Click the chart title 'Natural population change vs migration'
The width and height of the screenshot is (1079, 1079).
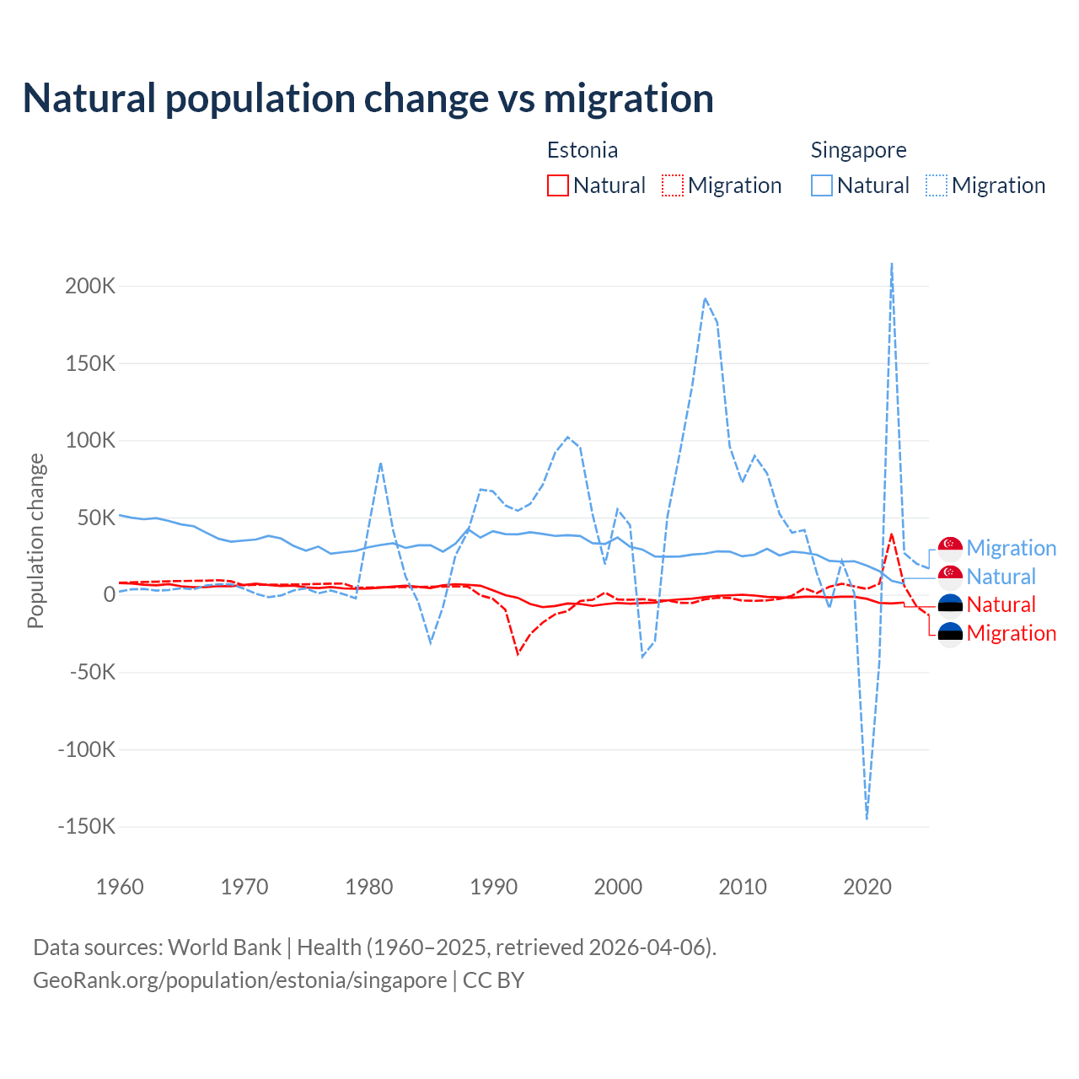click(x=368, y=98)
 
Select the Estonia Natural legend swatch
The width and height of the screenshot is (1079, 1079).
click(x=557, y=185)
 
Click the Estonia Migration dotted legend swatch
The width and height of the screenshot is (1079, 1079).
click(x=672, y=185)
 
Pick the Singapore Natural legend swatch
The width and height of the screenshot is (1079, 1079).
click(x=821, y=185)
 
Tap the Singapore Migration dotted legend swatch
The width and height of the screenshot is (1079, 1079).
click(x=936, y=185)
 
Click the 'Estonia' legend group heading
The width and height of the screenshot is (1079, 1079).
click(x=582, y=150)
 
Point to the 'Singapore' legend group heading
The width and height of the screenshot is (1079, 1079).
click(x=858, y=150)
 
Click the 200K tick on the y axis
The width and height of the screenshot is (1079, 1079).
click(x=90, y=286)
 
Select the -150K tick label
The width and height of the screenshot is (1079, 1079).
click(x=86, y=826)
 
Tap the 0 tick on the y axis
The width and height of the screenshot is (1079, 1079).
click(x=109, y=594)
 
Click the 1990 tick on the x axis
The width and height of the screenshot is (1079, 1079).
click(x=494, y=887)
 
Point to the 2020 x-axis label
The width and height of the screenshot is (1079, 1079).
click(x=867, y=887)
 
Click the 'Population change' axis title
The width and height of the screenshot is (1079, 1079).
click(x=35, y=540)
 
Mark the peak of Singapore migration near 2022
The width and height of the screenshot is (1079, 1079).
click(x=892, y=264)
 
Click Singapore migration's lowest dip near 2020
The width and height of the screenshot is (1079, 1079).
click(x=867, y=818)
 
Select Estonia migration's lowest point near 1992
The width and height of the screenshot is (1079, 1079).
click(x=518, y=653)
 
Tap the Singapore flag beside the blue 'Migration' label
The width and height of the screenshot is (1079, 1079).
click(x=950, y=548)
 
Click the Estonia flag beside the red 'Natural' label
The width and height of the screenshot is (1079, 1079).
click(x=950, y=604)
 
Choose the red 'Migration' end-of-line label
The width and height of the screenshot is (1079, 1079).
click(x=1011, y=633)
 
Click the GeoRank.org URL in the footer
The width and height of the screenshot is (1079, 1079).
click(x=240, y=980)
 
